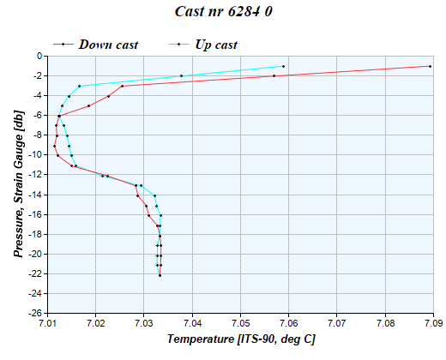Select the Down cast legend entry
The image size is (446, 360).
(108, 44)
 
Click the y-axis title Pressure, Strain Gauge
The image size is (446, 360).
(18, 184)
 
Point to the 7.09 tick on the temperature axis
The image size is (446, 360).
(434, 323)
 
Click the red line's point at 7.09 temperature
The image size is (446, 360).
(430, 66)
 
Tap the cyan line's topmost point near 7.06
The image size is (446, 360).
(283, 66)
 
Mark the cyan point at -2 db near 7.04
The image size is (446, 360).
(182, 75)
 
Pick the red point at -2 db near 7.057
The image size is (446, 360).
(274, 75)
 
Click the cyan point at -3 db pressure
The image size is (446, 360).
(80, 86)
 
